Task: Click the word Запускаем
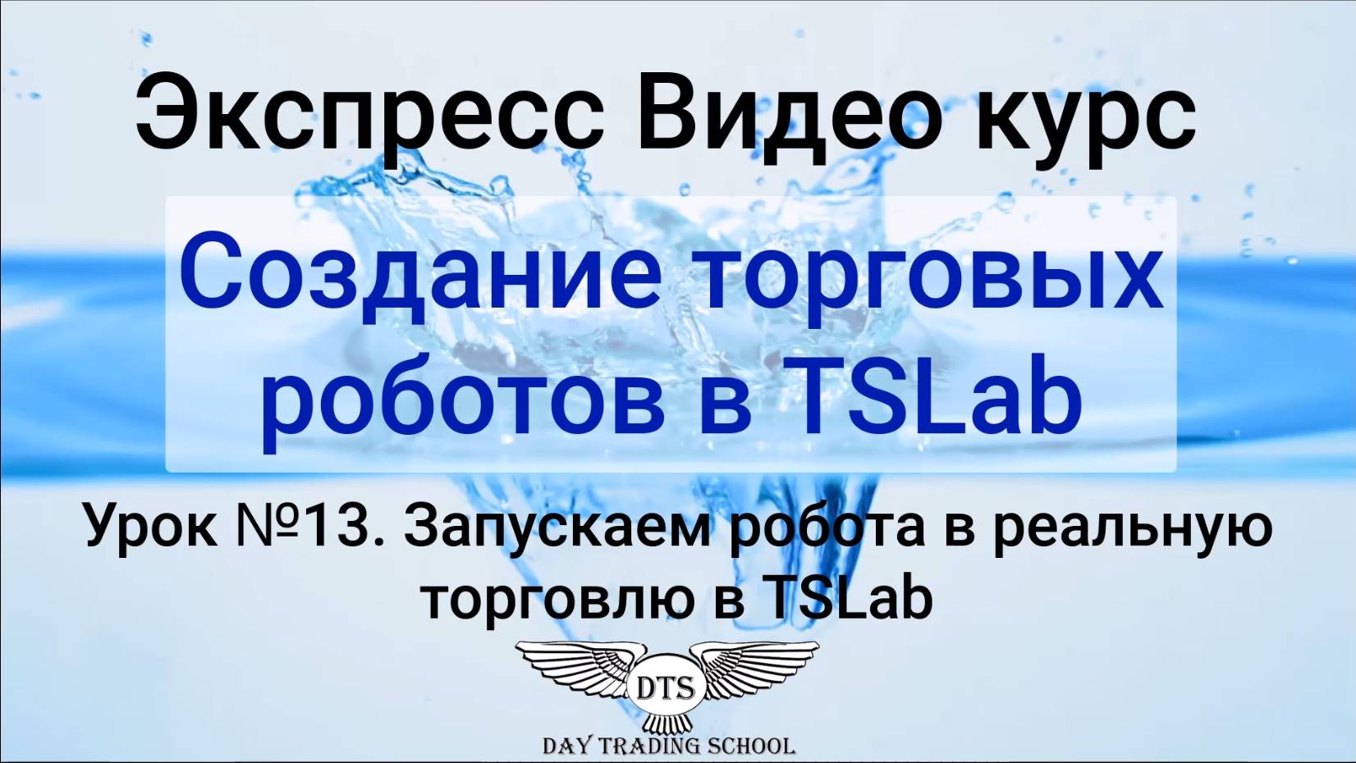558,527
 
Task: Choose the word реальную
1133,527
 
